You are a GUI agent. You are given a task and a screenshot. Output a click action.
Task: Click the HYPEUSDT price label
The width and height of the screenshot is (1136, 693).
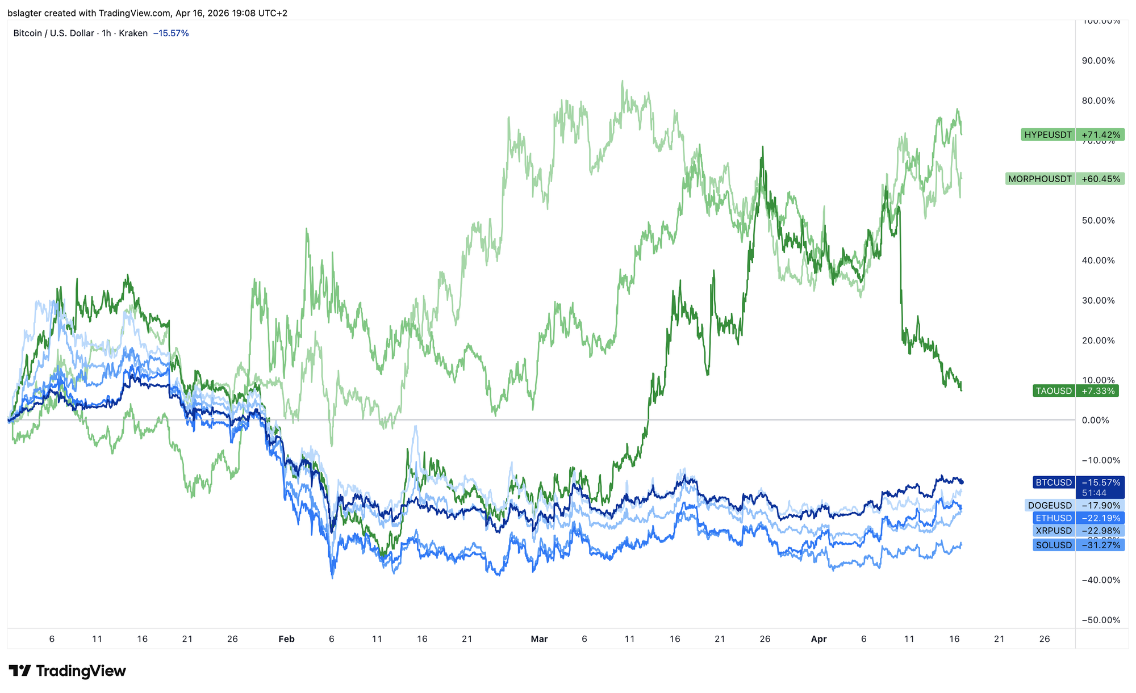click(1072, 135)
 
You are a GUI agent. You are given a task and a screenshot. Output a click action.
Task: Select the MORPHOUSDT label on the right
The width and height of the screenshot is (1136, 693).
click(1064, 179)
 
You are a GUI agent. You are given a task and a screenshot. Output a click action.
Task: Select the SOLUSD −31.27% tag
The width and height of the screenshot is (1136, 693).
click(1077, 545)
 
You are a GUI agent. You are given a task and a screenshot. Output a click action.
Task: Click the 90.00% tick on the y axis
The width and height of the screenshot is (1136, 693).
click(1098, 61)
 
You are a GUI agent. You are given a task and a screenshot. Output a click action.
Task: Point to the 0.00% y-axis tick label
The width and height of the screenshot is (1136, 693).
click(1102, 421)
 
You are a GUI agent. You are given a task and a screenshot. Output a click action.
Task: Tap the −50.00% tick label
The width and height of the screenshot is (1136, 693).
click(1100, 620)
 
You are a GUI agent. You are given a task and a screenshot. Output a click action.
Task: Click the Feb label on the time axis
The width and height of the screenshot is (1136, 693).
click(286, 639)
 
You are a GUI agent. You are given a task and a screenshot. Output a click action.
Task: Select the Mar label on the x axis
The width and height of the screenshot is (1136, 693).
click(539, 639)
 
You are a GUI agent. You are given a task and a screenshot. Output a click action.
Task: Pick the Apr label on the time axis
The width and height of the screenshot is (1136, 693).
click(818, 639)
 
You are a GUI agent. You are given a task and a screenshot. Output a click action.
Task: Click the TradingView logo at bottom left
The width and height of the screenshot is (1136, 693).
click(67, 671)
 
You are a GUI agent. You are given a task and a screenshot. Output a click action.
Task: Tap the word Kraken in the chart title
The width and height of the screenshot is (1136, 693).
click(133, 33)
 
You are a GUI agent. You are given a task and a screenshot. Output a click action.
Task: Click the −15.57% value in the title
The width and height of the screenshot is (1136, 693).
click(171, 33)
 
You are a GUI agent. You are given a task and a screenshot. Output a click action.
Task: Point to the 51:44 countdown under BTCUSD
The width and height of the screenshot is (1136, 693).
click(1094, 493)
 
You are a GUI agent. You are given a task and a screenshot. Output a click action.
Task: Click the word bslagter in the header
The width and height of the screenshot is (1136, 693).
click(26, 13)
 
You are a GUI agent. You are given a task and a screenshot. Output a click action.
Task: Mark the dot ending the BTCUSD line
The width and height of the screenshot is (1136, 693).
click(962, 482)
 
